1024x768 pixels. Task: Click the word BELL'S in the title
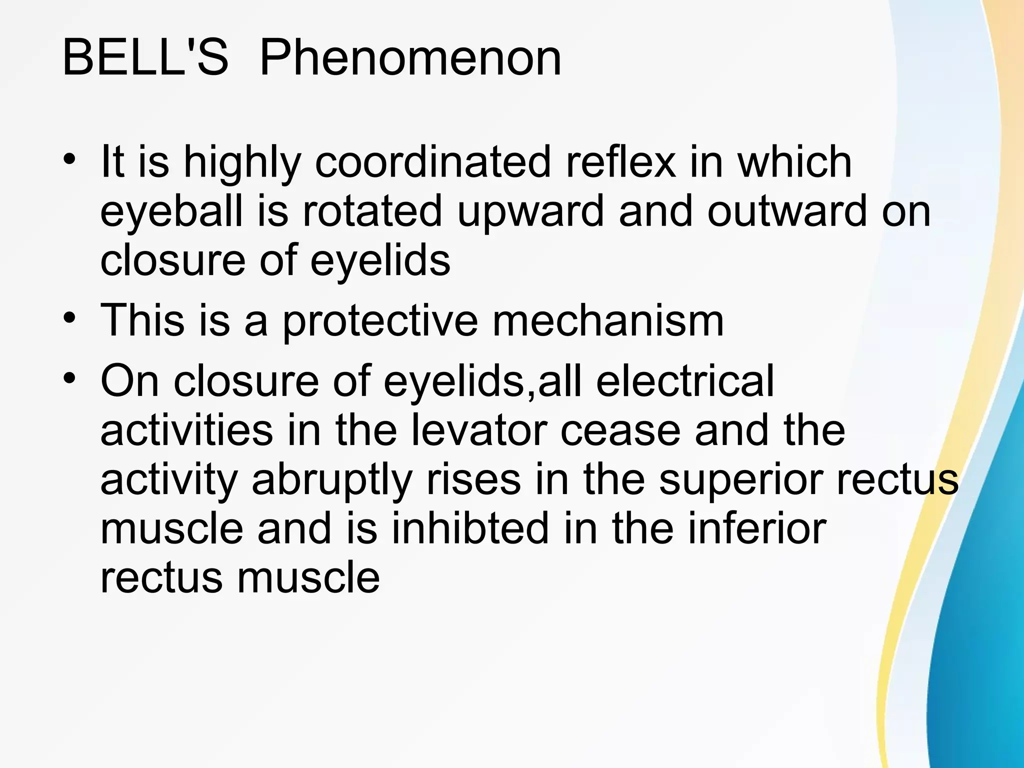click(x=145, y=59)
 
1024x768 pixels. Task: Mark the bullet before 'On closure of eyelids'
click(x=69, y=378)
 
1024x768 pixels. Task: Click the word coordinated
click(x=432, y=162)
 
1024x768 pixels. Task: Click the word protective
click(x=380, y=321)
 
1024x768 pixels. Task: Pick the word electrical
click(x=685, y=381)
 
